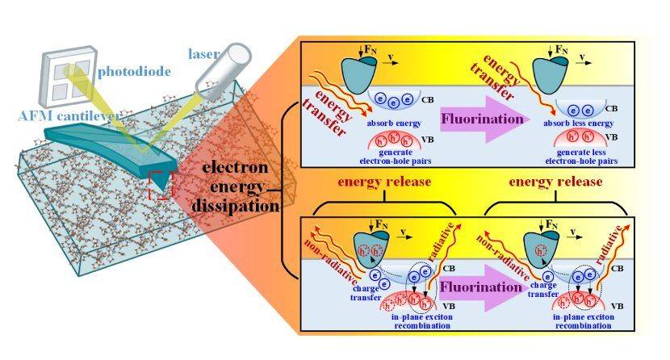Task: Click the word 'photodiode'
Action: coord(135,72)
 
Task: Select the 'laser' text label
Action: coord(205,54)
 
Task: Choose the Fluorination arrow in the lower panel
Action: coord(483,287)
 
